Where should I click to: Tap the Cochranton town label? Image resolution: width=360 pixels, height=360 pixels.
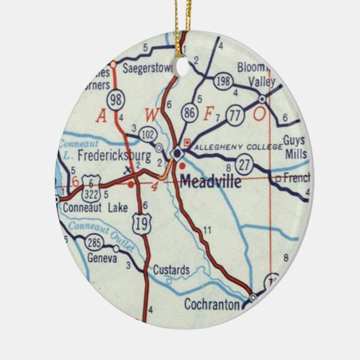pos(212,305)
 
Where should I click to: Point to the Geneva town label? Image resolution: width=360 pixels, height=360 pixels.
pos(104,259)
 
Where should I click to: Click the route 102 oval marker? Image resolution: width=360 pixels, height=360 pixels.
pos(147,135)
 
